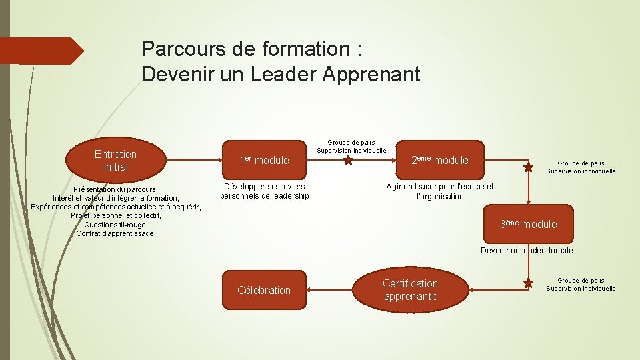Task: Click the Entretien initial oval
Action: point(116,160)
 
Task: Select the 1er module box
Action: point(265,160)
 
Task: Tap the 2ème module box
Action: point(440,160)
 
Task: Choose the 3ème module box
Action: point(529,224)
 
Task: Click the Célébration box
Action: point(264,290)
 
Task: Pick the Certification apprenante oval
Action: point(411,290)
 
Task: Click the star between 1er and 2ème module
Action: point(348,161)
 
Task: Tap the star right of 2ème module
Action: point(529,168)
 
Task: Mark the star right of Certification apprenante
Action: point(529,284)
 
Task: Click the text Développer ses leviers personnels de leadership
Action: point(265,191)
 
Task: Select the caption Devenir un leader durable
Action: point(527,251)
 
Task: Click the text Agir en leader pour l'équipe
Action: point(440,187)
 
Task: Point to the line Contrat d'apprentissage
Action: point(116,233)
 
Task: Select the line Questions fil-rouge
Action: point(116,225)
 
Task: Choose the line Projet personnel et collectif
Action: point(116,215)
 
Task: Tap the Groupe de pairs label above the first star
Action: point(351,142)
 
